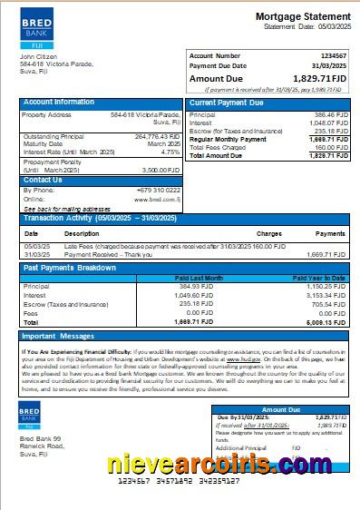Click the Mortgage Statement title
pos(302,16)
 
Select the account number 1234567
pos(334,55)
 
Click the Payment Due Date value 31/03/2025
pos(330,65)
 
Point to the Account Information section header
pos(59,103)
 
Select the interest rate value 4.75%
pos(170,152)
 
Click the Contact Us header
pos(43,180)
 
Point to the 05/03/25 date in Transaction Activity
pos(37,246)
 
